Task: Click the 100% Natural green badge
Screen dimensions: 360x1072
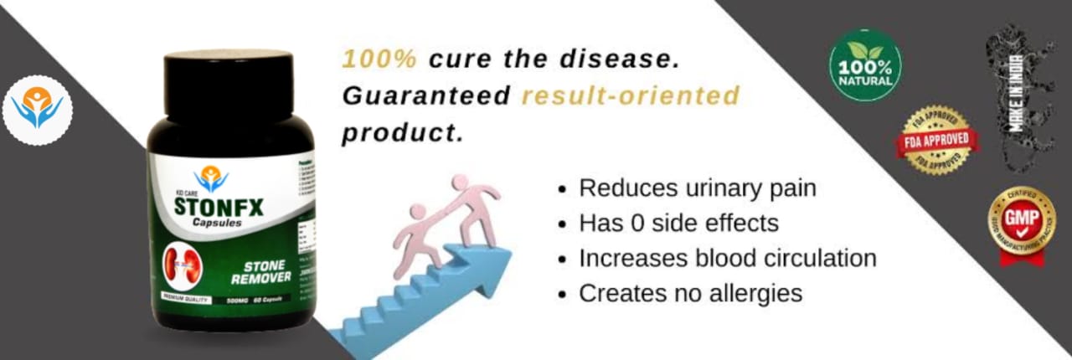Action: (864, 65)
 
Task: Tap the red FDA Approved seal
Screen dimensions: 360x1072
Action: (937, 140)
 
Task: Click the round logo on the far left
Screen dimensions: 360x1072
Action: (37, 108)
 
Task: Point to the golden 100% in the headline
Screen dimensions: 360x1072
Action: (379, 60)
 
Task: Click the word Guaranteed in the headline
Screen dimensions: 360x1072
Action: (425, 96)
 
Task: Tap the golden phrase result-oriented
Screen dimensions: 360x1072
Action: (631, 96)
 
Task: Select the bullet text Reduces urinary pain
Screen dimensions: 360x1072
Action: (697, 188)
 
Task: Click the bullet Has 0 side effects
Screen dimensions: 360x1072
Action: (678, 224)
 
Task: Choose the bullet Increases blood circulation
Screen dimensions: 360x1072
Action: (727, 258)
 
